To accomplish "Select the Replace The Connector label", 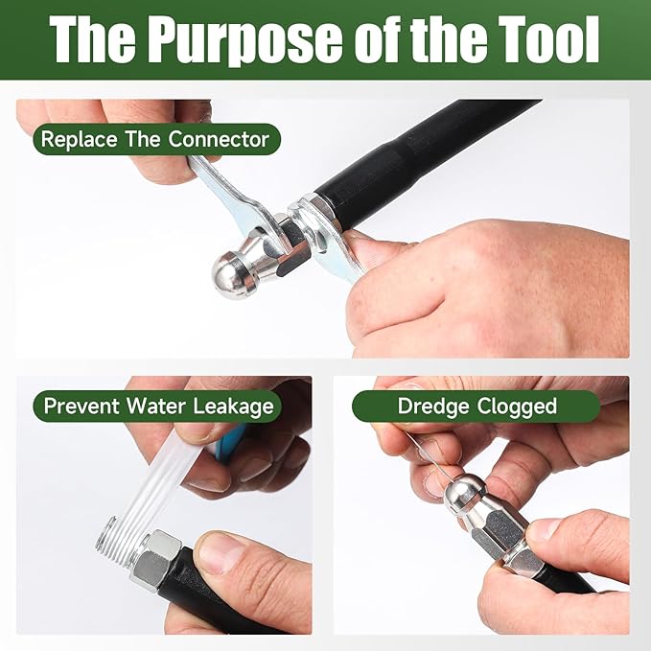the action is pyautogui.click(x=156, y=139).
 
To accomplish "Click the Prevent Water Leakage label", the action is pyautogui.click(x=157, y=406).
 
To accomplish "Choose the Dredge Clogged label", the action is pyautogui.click(x=477, y=406).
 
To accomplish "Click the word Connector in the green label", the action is pyautogui.click(x=219, y=139).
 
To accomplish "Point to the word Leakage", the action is pyautogui.click(x=233, y=407).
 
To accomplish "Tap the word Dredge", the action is pyautogui.click(x=433, y=407).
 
